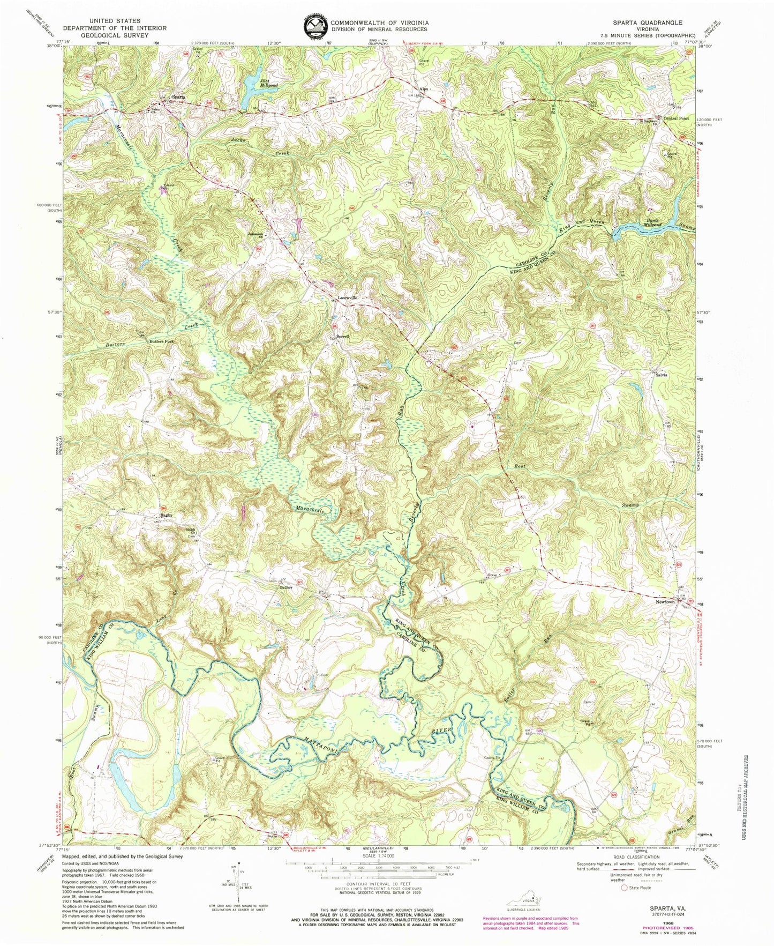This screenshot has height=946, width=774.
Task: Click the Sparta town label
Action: coord(178,97)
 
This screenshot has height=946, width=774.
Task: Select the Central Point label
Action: coord(676,118)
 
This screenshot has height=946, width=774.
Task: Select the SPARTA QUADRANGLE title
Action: coord(648,23)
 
